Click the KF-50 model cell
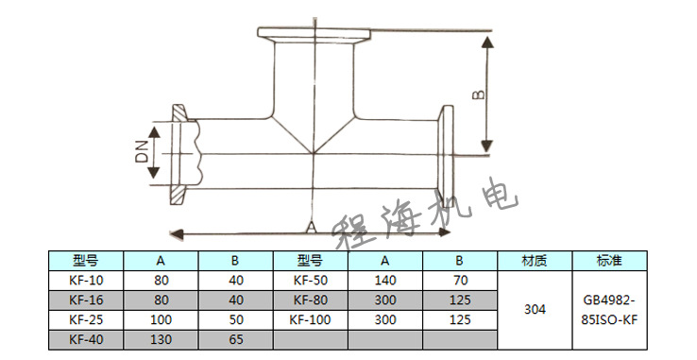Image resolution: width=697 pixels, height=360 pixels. click(310, 281)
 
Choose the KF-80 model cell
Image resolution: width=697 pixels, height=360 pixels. click(310, 300)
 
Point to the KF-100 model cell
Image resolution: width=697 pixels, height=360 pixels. click(310, 319)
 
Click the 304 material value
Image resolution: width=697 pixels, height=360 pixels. click(535, 309)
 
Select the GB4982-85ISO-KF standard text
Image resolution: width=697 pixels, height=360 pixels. click(610, 310)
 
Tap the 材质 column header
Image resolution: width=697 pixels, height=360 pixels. click(535, 261)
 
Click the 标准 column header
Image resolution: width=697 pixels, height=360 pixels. click(610, 261)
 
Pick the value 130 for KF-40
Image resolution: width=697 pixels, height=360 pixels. click(161, 339)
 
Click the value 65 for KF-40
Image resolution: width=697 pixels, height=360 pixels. click(235, 339)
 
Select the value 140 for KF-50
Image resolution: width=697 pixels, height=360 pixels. click(385, 281)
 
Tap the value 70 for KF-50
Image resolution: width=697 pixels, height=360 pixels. click(460, 281)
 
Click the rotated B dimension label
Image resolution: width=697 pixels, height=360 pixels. click(478, 94)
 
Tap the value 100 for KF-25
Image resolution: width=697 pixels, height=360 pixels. click(161, 319)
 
